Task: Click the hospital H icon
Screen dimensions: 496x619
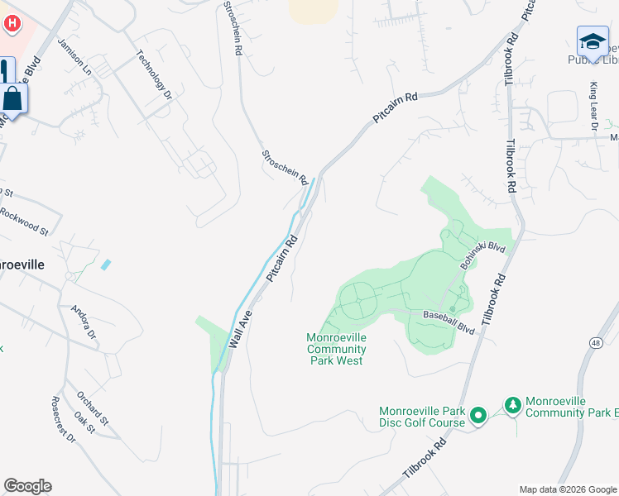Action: (12, 22)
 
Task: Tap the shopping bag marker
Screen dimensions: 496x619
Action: (14, 98)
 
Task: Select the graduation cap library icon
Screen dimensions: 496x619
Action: (593, 41)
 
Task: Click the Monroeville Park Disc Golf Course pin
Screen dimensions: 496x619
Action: (477, 417)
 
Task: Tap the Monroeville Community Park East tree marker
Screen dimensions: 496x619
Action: (513, 406)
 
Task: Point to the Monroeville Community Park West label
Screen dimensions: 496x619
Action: (336, 349)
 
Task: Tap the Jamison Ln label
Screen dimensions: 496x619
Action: (75, 56)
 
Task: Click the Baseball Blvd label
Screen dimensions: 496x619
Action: (449, 322)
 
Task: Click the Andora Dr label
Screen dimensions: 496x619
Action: (84, 323)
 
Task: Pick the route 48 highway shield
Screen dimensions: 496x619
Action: (596, 342)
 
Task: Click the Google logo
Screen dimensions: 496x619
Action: (27, 486)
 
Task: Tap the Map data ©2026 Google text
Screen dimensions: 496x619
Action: (567, 489)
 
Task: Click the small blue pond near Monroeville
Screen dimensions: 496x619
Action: (105, 265)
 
